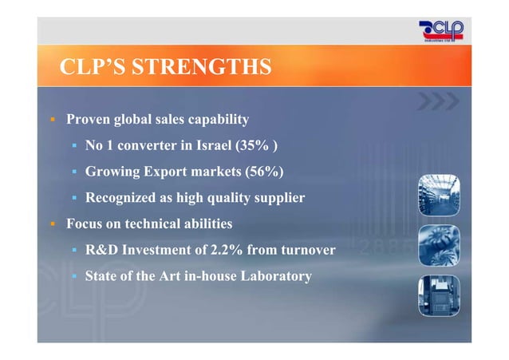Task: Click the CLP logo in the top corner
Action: click(x=440, y=33)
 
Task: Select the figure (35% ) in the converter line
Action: click(x=257, y=145)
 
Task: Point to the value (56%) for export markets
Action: click(x=263, y=172)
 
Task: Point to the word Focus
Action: click(x=85, y=224)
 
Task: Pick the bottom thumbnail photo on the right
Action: click(x=439, y=296)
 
